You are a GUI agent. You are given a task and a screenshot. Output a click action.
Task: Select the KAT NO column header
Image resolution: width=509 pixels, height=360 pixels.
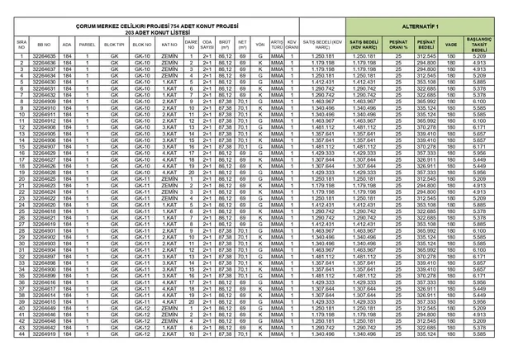point(169,43)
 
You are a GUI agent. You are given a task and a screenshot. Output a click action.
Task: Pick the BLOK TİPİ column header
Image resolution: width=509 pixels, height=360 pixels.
point(114,43)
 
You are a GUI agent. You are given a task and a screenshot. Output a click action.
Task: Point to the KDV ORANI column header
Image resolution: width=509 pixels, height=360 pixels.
point(292,43)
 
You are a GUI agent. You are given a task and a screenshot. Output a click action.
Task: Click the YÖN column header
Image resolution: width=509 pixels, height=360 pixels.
point(260,43)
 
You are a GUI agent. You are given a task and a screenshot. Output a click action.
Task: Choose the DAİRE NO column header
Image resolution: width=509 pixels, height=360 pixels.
point(190,43)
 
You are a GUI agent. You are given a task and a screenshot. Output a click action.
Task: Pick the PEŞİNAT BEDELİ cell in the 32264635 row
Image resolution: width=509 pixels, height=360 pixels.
point(426,56)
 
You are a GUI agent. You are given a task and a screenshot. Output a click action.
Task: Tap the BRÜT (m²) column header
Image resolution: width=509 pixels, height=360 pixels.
point(225,43)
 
